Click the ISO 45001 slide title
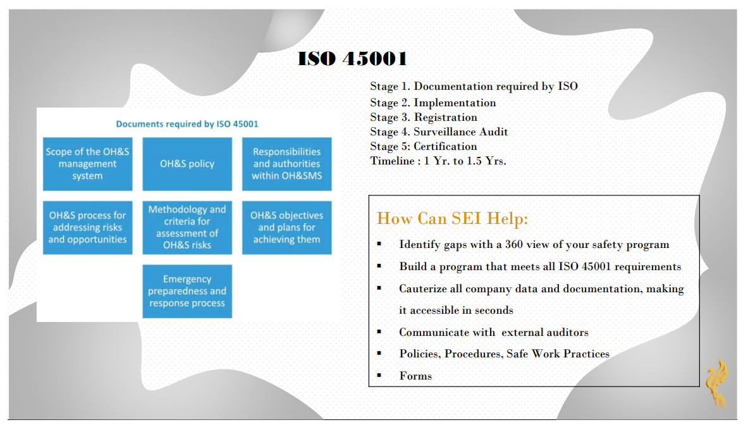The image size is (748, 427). tap(352, 59)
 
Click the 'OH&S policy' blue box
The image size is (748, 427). tap(187, 164)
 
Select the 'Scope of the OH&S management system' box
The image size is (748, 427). tap(88, 164)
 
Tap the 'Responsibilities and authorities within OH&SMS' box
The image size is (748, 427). tap(286, 164)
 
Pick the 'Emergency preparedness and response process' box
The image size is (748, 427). tap(187, 291)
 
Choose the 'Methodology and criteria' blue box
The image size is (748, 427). tap(187, 227)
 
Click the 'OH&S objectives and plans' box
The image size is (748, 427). tap(286, 227)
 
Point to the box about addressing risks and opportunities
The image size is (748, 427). tap(88, 227)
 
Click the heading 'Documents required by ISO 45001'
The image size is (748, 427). tap(187, 124)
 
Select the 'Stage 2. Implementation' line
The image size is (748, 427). tap(433, 102)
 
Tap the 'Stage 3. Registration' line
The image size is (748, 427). tap(424, 117)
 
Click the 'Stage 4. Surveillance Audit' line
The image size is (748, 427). tap(439, 132)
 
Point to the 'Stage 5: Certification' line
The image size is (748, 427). tap(424, 146)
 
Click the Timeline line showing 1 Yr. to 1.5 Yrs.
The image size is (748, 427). tap(438, 161)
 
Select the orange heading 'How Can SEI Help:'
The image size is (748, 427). tap(452, 219)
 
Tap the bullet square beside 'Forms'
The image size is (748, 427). tap(379, 376)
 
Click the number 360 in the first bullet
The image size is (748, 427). tap(514, 244)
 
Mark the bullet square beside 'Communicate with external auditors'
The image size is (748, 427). tap(379, 332)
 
